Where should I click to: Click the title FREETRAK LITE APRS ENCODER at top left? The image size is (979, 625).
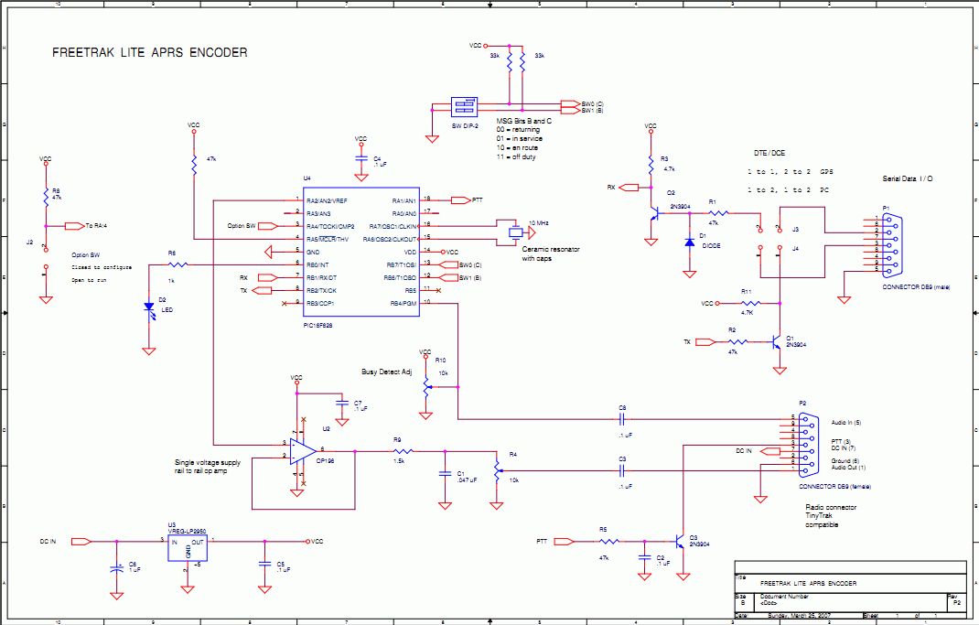(x=149, y=53)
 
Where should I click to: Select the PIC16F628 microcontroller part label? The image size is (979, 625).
(x=322, y=324)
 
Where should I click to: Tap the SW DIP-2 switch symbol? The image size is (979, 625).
(x=465, y=106)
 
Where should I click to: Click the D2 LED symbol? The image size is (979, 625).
(x=148, y=309)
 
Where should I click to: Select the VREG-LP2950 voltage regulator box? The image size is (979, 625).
(x=188, y=546)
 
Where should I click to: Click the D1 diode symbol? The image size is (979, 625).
(x=688, y=243)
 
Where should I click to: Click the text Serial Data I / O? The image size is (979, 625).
(x=907, y=178)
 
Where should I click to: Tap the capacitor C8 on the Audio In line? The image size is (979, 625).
(x=622, y=418)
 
